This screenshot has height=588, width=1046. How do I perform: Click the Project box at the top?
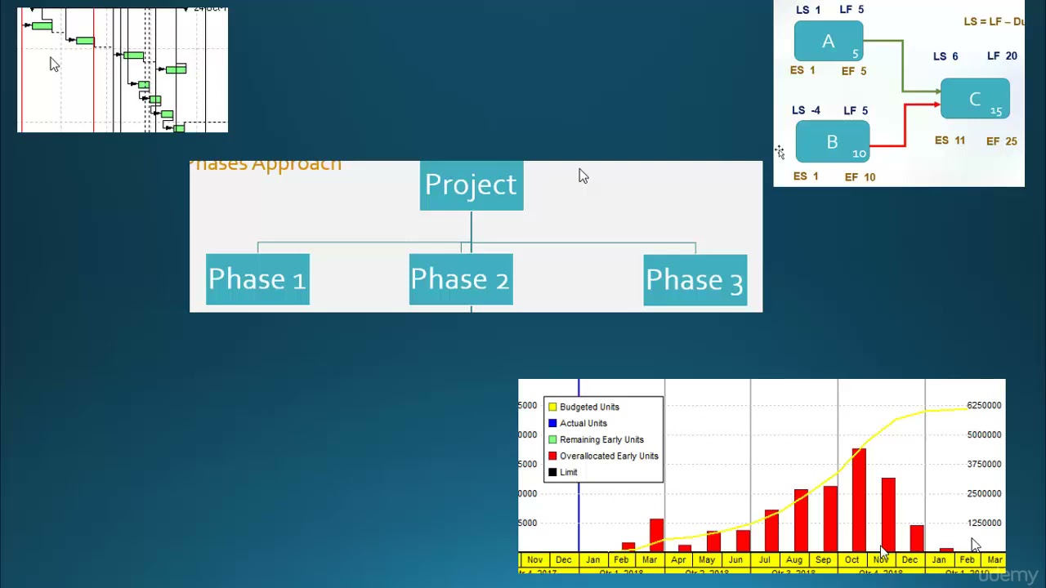click(x=472, y=185)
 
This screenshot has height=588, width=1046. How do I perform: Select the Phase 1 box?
click(x=257, y=279)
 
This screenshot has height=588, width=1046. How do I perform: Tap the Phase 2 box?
click(x=461, y=279)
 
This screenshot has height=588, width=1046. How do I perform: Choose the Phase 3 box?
click(x=695, y=280)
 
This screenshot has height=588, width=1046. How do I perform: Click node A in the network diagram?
click(x=828, y=42)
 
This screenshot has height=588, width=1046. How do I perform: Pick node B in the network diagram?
click(x=832, y=142)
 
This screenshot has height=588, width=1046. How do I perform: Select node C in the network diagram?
click(x=975, y=100)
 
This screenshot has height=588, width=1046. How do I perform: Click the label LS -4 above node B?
click(x=806, y=110)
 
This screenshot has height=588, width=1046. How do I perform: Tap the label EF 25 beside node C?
click(x=1001, y=141)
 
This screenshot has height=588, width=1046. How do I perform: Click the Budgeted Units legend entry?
click(x=588, y=407)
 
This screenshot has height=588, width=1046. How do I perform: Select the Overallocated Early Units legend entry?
click(x=608, y=456)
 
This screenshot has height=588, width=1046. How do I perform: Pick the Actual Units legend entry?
click(x=583, y=423)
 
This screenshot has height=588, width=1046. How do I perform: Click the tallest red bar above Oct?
click(x=859, y=498)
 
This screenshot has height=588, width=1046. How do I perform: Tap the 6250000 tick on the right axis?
click(x=984, y=405)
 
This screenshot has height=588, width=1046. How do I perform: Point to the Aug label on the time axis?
click(x=794, y=560)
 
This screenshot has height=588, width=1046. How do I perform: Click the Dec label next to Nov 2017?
click(x=564, y=560)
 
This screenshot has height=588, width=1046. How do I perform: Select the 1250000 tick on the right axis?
click(x=984, y=523)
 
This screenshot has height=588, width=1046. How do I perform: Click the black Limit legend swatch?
click(x=552, y=472)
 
